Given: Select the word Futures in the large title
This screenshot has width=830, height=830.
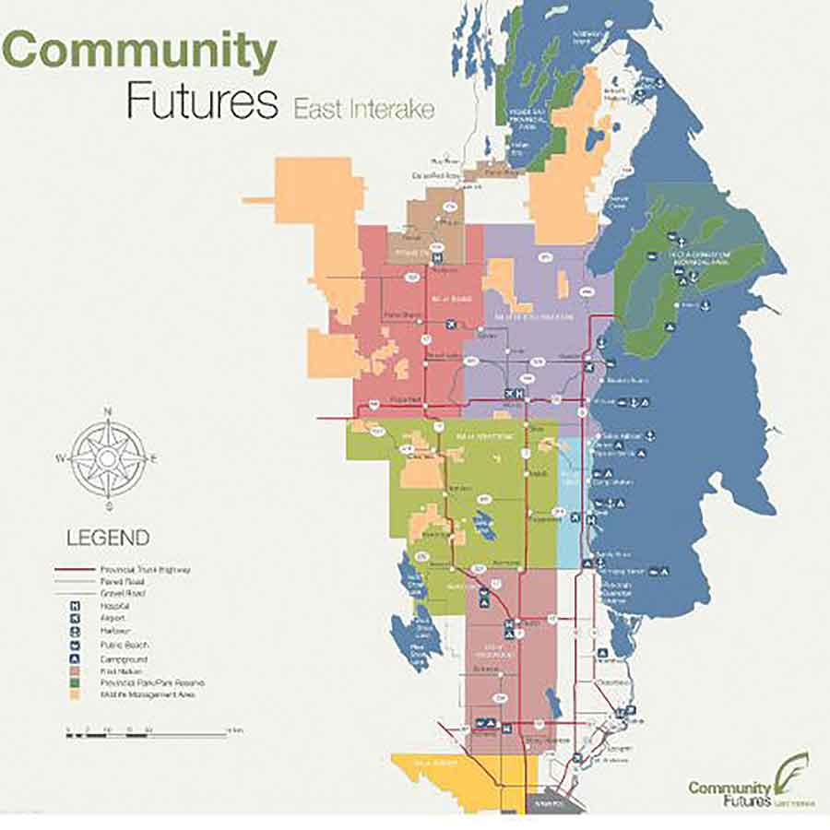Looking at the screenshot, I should click(x=202, y=102).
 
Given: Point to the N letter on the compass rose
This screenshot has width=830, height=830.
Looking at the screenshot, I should click(x=108, y=411).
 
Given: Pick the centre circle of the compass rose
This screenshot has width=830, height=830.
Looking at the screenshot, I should click(x=108, y=458).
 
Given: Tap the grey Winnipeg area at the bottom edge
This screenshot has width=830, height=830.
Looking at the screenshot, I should click(x=554, y=804).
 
